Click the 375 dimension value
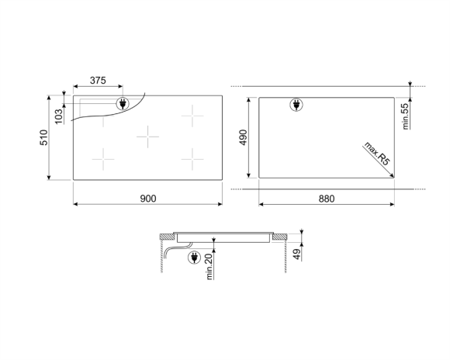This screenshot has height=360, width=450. point(97,81)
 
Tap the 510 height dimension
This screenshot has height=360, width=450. point(45,138)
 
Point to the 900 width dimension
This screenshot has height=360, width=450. point(148,199)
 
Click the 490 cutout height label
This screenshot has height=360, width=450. point(243,138)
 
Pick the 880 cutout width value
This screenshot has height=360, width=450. point(326,199)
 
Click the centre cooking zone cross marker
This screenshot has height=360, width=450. point(147,137)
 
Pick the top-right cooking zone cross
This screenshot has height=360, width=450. point(192,116)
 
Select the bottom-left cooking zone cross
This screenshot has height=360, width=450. point(103,159)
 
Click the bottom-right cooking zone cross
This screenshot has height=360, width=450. point(192,159)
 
